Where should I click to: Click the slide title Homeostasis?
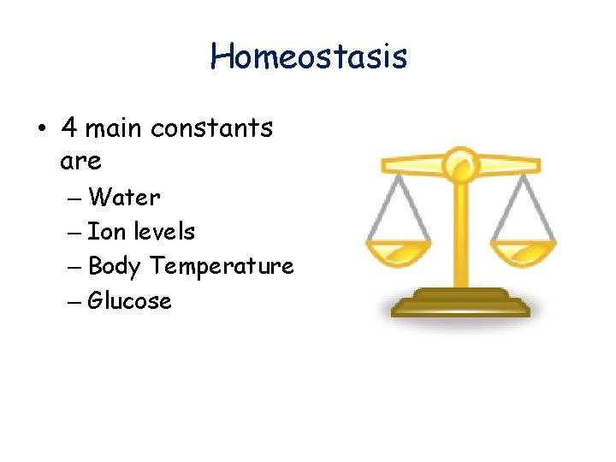pos(309,57)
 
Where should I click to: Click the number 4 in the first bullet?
pos(70,128)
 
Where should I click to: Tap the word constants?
pos(211,128)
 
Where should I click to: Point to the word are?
pos(81,161)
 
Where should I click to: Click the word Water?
pos(124,198)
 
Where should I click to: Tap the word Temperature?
pos(222,267)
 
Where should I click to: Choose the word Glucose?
pos(130,301)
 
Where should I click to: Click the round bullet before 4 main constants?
pos(41,129)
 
